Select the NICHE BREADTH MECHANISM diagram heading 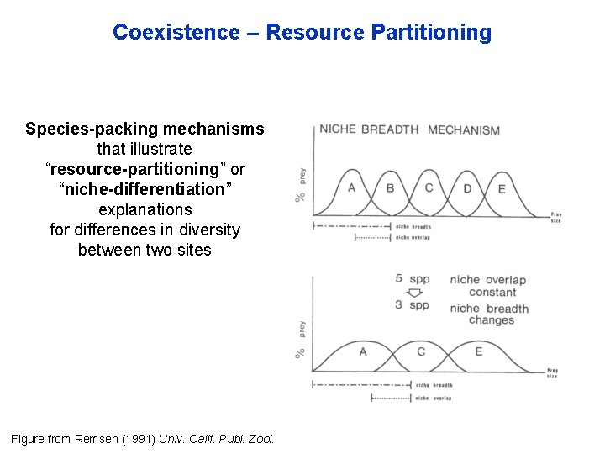click(x=409, y=129)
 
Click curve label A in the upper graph click(x=351, y=187)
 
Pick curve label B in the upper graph click(x=390, y=187)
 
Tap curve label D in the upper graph click(x=467, y=188)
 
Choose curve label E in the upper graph click(x=502, y=189)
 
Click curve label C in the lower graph click(x=421, y=351)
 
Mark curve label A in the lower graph click(x=363, y=351)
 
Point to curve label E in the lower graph click(x=478, y=351)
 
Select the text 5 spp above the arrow click(x=412, y=278)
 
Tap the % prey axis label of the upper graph click(x=301, y=185)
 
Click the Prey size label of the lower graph click(x=552, y=372)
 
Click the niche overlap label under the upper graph click(x=413, y=238)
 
